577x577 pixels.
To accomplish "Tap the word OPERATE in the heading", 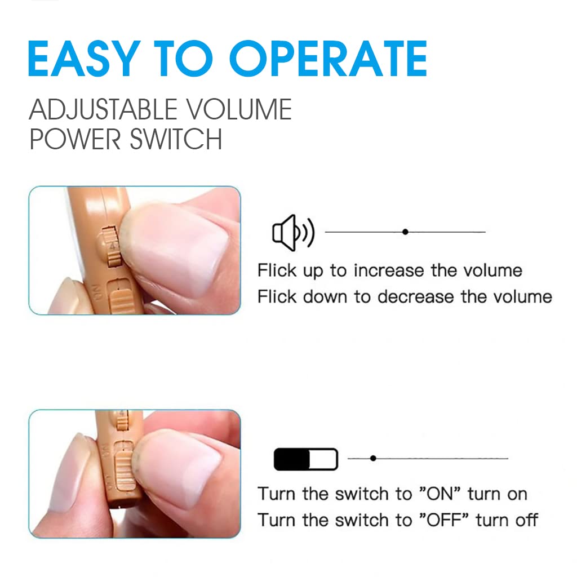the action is point(329,59).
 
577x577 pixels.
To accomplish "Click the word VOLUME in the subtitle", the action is point(238,109).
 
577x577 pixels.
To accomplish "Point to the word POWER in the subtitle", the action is point(75,139).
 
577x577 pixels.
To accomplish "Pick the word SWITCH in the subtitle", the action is point(176,139).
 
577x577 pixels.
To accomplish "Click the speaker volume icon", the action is point(293,233).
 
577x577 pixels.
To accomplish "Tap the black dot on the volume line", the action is point(405,232).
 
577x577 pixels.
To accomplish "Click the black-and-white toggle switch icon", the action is point(306,459).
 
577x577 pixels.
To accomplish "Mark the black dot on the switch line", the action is point(373,458).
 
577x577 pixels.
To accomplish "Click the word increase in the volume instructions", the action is point(389,270).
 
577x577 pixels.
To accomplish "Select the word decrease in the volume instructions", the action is point(415,296).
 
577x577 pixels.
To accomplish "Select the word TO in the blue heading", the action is point(183,59).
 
